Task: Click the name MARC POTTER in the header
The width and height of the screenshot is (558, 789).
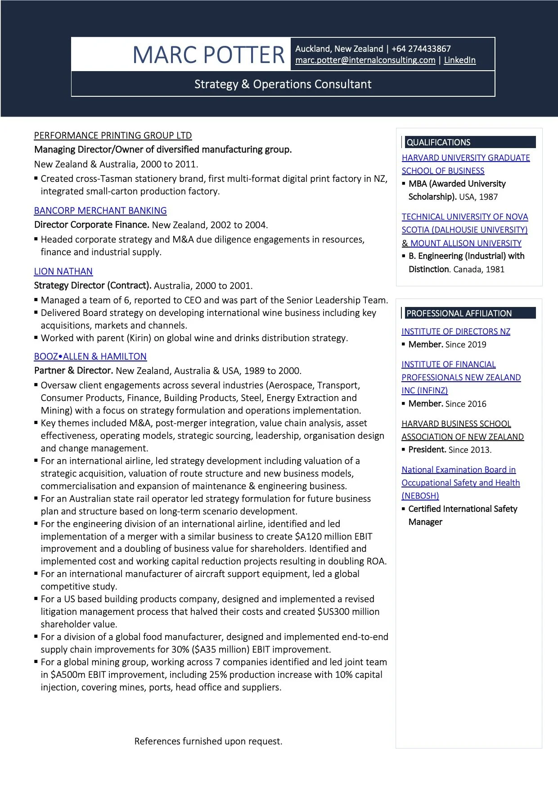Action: pyautogui.click(x=208, y=55)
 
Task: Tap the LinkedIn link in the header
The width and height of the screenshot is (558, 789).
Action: pyautogui.click(x=459, y=60)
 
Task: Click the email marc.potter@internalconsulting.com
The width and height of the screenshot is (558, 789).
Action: pyautogui.click(x=365, y=60)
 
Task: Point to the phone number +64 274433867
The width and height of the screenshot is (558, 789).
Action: pyautogui.click(x=421, y=49)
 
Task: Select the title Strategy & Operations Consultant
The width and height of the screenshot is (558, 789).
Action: pyautogui.click(x=283, y=84)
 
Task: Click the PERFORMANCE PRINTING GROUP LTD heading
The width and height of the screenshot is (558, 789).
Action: pyautogui.click(x=112, y=135)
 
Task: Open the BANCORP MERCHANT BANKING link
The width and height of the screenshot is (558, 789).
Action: pyautogui.click(x=100, y=211)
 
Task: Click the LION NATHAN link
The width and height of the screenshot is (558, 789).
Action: pyautogui.click(x=63, y=271)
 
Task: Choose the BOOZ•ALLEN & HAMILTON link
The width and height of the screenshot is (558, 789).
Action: pyautogui.click(x=90, y=356)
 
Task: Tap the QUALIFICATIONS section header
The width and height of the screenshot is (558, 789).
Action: pyautogui.click(x=438, y=142)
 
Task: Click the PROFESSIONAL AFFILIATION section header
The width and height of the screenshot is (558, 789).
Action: pyautogui.click(x=459, y=313)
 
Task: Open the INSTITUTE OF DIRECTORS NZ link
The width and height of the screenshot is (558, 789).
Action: pyautogui.click(x=455, y=332)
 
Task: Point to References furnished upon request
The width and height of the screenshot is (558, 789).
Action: pyautogui.click(x=208, y=741)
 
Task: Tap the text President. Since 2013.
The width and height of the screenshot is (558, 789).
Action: pyautogui.click(x=449, y=450)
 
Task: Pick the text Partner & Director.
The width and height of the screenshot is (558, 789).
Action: pyautogui.click(x=73, y=371)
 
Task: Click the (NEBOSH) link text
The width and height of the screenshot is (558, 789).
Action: pyautogui.click(x=420, y=496)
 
